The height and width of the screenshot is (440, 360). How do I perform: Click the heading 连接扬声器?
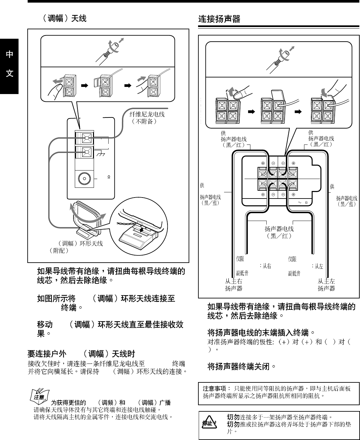coord(219,19)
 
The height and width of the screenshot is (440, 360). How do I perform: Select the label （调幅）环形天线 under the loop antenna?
coord(80,243)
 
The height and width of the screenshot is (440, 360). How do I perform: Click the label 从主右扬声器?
coord(233,285)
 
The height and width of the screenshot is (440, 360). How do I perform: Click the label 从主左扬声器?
coord(326,285)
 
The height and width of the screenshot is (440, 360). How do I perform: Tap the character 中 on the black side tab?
coord(9,54)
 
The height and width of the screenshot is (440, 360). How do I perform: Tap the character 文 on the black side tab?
coord(9,73)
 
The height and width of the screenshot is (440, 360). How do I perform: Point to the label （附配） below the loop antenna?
coord(59,251)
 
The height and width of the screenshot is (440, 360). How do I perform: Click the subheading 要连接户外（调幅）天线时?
coord(81,354)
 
